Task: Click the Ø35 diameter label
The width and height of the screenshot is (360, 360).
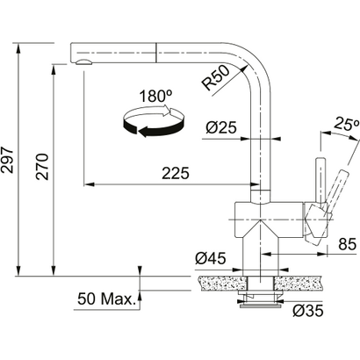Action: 309,310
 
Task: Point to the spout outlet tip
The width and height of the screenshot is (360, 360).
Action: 83,63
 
